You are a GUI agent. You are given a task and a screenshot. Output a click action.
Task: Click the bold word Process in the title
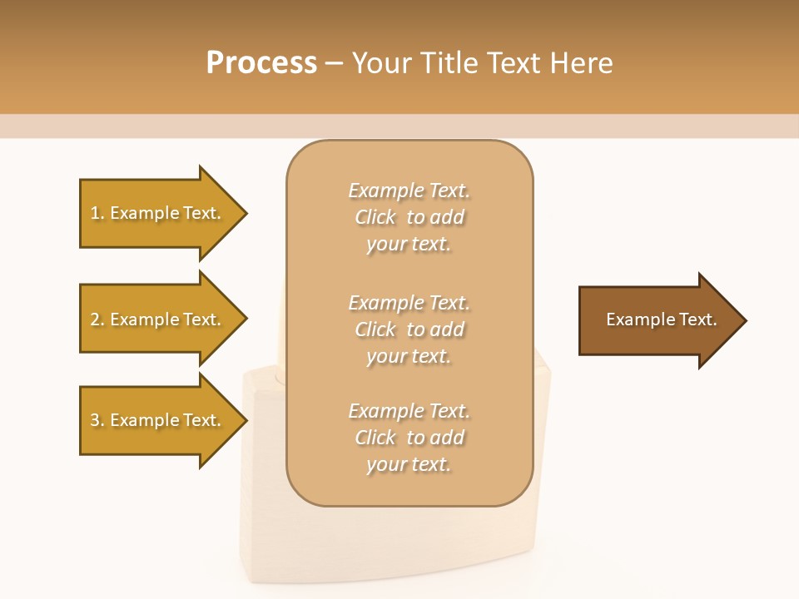pyautogui.click(x=261, y=63)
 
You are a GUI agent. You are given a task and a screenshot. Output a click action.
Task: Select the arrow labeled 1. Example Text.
pyautogui.click(x=158, y=213)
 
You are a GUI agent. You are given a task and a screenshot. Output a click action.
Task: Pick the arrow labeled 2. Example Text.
pyautogui.click(x=158, y=319)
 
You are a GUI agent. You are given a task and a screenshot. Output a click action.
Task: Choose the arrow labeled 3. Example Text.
pyautogui.click(x=158, y=420)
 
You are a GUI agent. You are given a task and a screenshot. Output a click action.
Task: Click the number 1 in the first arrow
pyautogui.click(x=95, y=213)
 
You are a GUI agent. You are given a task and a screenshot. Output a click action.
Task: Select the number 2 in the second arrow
pyautogui.click(x=95, y=319)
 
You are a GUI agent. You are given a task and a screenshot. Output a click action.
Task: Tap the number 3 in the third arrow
pyautogui.click(x=95, y=420)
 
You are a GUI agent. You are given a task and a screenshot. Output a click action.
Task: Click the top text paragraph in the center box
pyautogui.click(x=409, y=217)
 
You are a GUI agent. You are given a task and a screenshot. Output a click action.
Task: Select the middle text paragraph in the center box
pyautogui.click(x=409, y=329)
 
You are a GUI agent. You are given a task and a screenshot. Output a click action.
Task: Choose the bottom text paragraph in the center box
pyautogui.click(x=409, y=438)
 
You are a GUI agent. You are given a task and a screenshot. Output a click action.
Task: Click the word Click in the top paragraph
pyautogui.click(x=375, y=217)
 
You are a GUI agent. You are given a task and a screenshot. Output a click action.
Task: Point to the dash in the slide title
pyautogui.click(x=334, y=64)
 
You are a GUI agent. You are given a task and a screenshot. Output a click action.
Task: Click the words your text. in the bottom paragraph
pyautogui.click(x=409, y=464)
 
